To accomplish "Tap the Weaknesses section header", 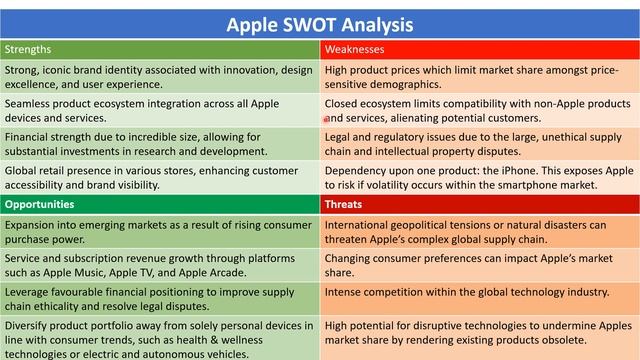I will [355, 48].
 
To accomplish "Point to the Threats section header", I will [344, 204].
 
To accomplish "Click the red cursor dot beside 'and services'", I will [326, 119].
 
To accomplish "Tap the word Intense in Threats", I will [346, 292].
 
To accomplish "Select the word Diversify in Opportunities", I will [29, 325].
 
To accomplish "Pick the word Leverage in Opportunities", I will [30, 292].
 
